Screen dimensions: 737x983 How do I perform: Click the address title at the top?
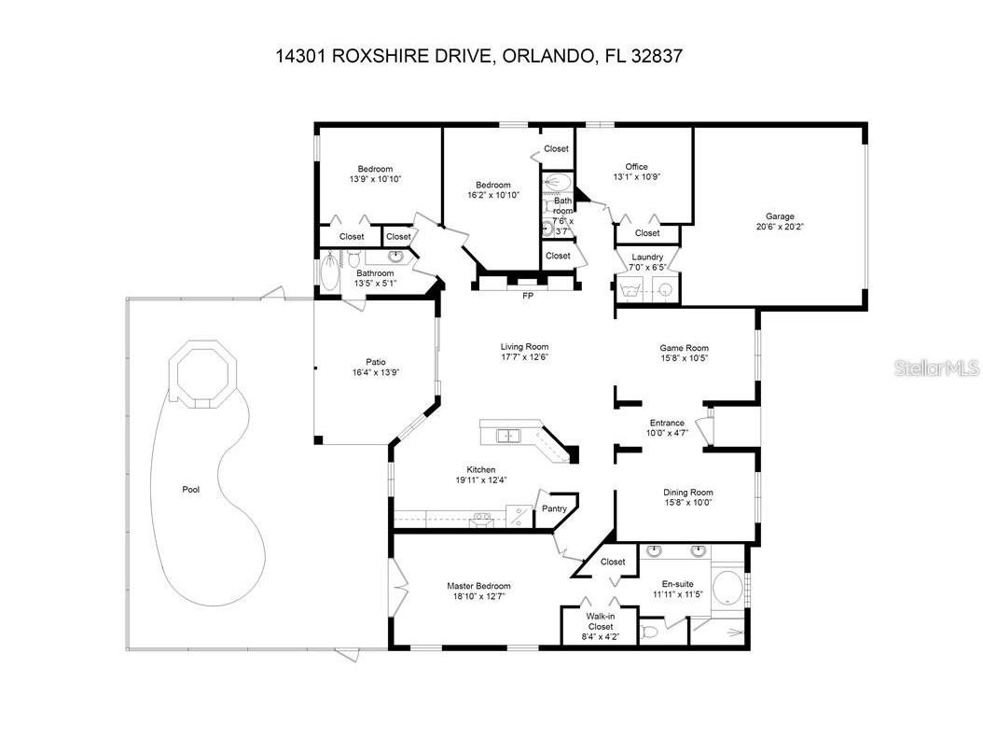point(479,56)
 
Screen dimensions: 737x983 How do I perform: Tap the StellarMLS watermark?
point(936,369)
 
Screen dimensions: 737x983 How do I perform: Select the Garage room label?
point(780,216)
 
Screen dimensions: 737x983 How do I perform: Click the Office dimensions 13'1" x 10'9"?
point(637,177)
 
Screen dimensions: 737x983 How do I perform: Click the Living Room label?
point(524,347)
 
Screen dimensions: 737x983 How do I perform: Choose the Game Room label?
point(685,347)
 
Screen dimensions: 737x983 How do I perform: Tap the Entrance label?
point(667,423)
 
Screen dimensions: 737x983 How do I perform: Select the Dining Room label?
point(688,493)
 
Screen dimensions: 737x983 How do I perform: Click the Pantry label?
point(555,508)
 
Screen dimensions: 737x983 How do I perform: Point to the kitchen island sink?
point(508,435)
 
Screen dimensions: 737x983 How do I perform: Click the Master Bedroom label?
point(478,586)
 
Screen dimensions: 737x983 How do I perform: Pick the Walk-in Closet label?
point(599,621)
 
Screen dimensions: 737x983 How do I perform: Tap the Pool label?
point(190,489)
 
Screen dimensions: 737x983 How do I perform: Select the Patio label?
point(376,362)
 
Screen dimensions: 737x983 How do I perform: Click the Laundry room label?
point(647,257)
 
